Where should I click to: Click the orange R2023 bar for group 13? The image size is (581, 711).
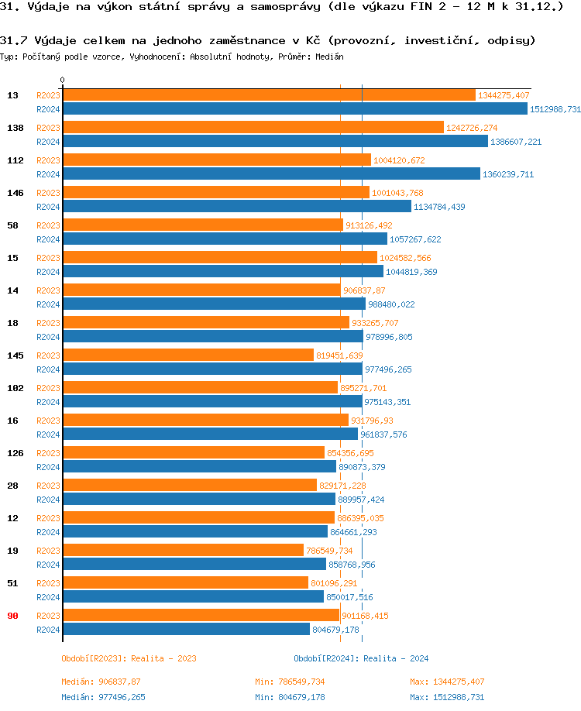click(269, 95)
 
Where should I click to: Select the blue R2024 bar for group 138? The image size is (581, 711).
click(275, 142)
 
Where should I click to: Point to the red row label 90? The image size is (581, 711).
click(12, 616)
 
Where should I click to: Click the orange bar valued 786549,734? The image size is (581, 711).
click(183, 551)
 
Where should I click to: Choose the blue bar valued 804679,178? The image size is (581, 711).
click(186, 630)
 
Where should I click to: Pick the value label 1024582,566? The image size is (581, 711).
click(405, 258)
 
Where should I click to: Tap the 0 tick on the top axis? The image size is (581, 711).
click(62, 80)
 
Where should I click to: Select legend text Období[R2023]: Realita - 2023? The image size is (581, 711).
click(129, 658)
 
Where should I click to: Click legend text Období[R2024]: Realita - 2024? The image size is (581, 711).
click(361, 658)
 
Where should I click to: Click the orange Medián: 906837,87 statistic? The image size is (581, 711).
click(101, 682)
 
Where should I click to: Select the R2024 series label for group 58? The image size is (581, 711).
click(48, 239)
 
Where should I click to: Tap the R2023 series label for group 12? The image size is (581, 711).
click(48, 518)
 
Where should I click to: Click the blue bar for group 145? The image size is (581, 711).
click(212, 369)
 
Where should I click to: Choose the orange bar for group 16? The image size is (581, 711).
click(205, 421)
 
